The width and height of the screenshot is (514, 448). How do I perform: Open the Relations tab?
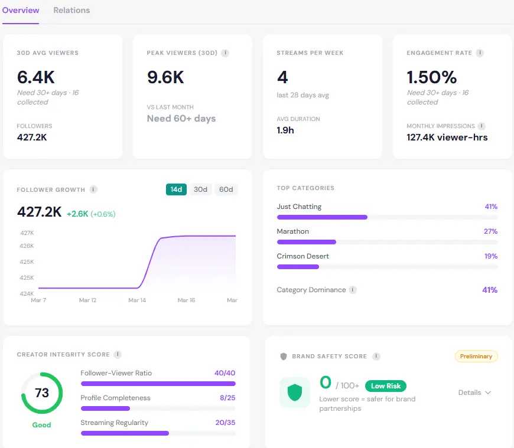point(71,10)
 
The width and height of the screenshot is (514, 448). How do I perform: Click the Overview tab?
point(21,10)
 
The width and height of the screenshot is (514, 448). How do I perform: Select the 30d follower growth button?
point(201,189)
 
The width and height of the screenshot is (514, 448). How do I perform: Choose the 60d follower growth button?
point(226,189)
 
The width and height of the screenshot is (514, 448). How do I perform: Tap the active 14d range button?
point(176,189)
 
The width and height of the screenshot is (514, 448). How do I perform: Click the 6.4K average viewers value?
point(35,77)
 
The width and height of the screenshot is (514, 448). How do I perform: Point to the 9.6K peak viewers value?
point(165,77)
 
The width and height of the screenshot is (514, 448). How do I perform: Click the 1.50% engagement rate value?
point(432,77)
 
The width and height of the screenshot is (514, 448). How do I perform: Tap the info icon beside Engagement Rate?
point(480,53)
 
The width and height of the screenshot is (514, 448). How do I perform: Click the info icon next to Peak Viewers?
point(225,53)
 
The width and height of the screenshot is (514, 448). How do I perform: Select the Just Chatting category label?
point(299,207)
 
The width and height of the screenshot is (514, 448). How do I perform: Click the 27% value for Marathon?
point(490,231)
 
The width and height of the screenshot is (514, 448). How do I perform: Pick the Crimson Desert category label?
point(302,256)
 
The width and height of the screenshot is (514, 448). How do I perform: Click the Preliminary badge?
point(476,357)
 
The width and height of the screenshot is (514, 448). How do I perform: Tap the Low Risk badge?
point(386,386)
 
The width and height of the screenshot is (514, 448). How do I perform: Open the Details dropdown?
point(474,393)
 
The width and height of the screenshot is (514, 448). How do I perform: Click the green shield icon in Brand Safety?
point(294,393)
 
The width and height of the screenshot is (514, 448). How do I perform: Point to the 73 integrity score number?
point(42,393)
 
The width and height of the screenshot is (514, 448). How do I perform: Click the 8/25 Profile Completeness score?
point(227,398)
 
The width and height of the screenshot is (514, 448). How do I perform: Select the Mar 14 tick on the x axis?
point(137,300)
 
